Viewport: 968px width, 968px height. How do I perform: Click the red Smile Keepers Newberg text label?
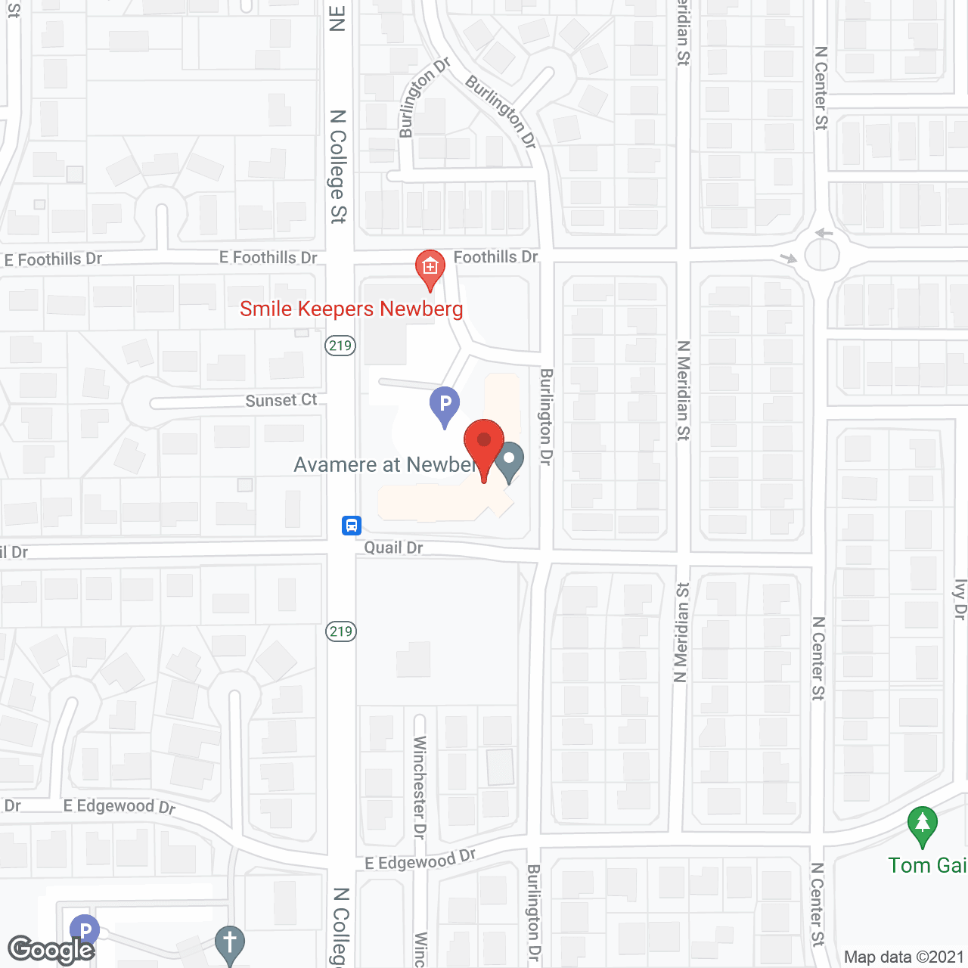[x=351, y=309]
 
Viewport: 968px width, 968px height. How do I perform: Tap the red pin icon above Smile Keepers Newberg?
[x=430, y=268]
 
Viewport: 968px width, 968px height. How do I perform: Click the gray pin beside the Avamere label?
[x=510, y=461]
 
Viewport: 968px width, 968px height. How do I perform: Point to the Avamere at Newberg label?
[x=384, y=464]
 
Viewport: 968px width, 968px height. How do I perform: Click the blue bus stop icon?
[x=352, y=525]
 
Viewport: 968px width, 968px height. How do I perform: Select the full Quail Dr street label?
[x=393, y=548]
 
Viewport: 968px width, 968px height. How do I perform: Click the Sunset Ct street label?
[x=281, y=400]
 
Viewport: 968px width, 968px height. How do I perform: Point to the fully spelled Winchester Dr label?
[x=420, y=787]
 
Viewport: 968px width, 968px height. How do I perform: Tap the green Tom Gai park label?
[x=927, y=865]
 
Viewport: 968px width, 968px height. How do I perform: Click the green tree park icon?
[x=923, y=825]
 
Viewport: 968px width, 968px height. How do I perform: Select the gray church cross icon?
[x=230, y=944]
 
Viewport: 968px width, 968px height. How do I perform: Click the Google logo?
[x=51, y=950]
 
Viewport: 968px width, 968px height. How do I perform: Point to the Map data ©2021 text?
[x=904, y=957]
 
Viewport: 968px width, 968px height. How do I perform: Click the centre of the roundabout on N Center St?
[x=822, y=255]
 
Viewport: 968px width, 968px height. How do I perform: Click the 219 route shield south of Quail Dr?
[x=341, y=631]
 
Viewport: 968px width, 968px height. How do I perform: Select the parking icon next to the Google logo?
[x=85, y=931]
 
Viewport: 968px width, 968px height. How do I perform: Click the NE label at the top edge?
[x=338, y=18]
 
